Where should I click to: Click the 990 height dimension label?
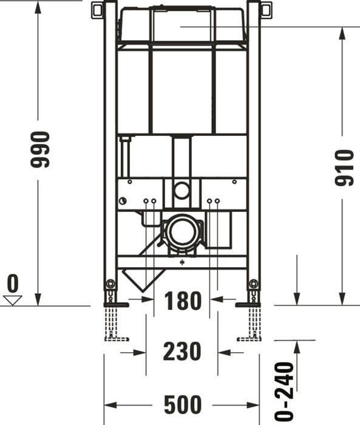click(x=40, y=149)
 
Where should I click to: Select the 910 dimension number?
click(x=344, y=168)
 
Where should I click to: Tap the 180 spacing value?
click(x=182, y=300)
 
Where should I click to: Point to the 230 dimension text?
click(x=182, y=352)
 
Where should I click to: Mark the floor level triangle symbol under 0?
click(x=12, y=299)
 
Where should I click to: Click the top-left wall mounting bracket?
click(x=98, y=10)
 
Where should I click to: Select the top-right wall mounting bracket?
click(x=265, y=10)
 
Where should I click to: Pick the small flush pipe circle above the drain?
click(x=182, y=190)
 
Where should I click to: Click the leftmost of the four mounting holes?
click(x=146, y=201)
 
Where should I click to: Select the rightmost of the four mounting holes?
click(x=217, y=201)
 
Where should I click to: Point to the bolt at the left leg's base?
click(x=110, y=284)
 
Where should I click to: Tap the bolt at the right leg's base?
click(x=253, y=284)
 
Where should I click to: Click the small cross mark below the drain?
click(x=182, y=263)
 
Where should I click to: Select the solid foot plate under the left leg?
click(x=116, y=304)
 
